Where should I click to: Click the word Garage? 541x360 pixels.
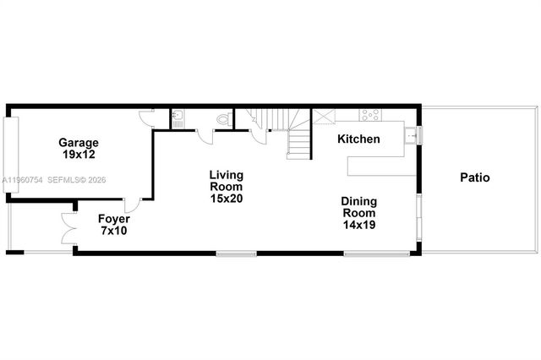pyautogui.click(x=79, y=143)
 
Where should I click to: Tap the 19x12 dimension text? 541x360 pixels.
pyautogui.click(x=79, y=155)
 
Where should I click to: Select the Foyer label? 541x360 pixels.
pyautogui.click(x=113, y=218)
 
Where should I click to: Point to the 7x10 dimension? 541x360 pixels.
pyautogui.click(x=113, y=230)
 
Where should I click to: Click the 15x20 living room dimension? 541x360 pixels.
pyautogui.click(x=227, y=199)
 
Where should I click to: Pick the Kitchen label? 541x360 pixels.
pyautogui.click(x=358, y=139)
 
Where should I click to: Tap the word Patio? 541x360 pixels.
pyautogui.click(x=474, y=177)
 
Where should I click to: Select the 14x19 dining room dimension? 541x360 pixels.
pyautogui.click(x=358, y=225)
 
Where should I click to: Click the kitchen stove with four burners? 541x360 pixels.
pyautogui.click(x=370, y=115)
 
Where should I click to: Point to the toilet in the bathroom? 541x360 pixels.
pyautogui.click(x=223, y=120)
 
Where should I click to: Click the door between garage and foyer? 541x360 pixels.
pyautogui.click(x=131, y=204)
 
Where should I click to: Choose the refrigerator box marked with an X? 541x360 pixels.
pyautogui.click(x=324, y=117)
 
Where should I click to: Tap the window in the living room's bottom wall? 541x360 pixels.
pyautogui.click(x=236, y=253)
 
